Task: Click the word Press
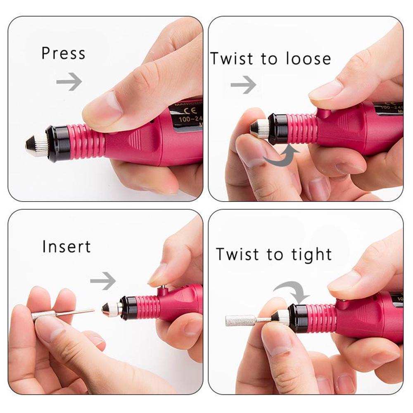pos(63,53)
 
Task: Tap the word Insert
pos(66,247)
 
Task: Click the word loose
pos(308,59)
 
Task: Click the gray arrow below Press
pos(69,81)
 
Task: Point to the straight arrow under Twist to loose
pos(243,85)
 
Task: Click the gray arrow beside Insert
pos(103,281)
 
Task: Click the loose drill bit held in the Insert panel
pos(62,313)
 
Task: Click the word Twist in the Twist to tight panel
pos(240,254)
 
